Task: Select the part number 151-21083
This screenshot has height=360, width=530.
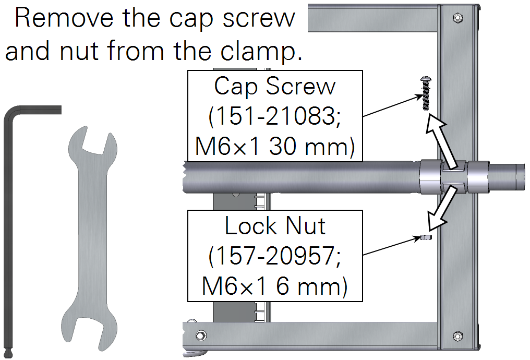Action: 275,117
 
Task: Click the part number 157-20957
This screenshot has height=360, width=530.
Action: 275,256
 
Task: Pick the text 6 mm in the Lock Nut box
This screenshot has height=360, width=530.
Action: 311,286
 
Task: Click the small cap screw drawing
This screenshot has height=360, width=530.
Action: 426,93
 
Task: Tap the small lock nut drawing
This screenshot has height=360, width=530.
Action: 426,237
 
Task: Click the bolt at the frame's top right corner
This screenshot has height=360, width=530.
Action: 457,17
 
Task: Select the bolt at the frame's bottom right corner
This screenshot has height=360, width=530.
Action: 457,336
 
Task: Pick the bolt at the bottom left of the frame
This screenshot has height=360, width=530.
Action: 201,335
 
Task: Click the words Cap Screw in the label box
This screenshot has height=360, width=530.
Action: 275,87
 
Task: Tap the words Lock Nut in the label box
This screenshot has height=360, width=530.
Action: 275,226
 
